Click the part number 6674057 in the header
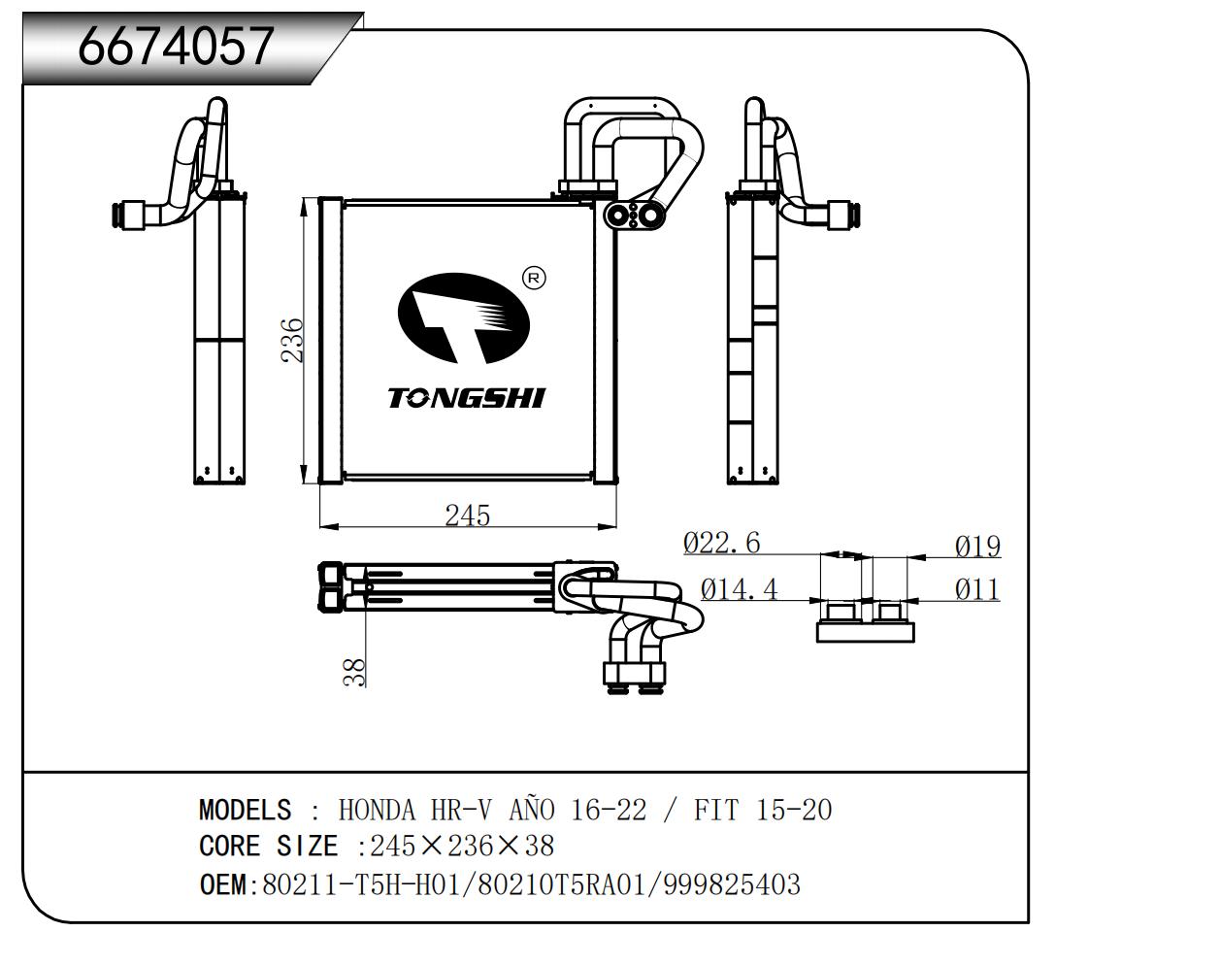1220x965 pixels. click(x=176, y=46)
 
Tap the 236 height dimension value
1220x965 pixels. click(x=293, y=340)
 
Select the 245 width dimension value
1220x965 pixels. click(x=467, y=516)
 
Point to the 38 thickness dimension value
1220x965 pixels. click(x=356, y=672)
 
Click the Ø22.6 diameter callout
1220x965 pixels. click(x=722, y=543)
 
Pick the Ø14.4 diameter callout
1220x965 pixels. click(x=739, y=588)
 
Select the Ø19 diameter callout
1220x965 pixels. click(x=977, y=547)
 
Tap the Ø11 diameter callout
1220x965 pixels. click(x=977, y=588)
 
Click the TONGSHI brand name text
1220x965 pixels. click(x=467, y=398)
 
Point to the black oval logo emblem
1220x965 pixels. click(x=464, y=316)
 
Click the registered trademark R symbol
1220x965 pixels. click(x=534, y=279)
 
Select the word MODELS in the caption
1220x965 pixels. click(x=245, y=810)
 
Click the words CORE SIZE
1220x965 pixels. click(x=269, y=847)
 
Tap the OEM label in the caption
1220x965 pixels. click(x=224, y=884)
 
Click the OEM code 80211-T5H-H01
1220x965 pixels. click(x=357, y=884)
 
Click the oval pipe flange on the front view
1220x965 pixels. click(x=633, y=215)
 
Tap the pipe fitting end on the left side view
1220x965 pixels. click(x=125, y=214)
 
